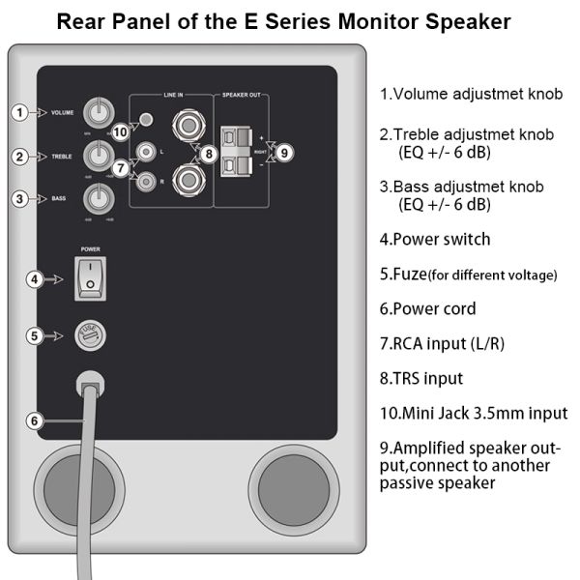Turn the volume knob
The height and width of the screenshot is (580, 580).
click(98, 112)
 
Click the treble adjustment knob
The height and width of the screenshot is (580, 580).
click(98, 155)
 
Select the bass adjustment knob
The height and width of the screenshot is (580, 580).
click(98, 199)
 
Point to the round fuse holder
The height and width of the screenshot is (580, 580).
click(90, 335)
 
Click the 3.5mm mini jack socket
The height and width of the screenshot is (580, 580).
click(145, 121)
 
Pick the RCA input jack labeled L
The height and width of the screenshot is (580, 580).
click(145, 151)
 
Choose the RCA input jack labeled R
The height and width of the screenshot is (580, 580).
click(145, 180)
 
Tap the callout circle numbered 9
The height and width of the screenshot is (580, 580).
click(282, 153)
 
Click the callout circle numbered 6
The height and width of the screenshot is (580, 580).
click(34, 420)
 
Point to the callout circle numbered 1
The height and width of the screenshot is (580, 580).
click(19, 112)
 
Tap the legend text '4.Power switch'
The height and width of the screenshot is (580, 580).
click(435, 240)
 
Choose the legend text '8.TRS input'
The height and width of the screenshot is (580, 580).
click(421, 379)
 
